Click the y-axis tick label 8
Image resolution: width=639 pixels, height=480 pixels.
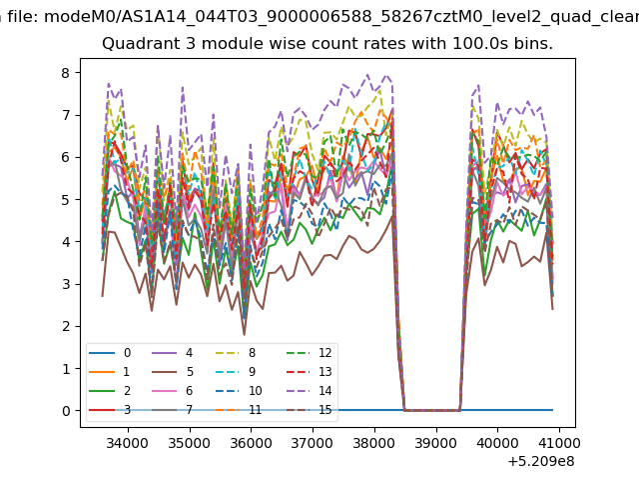click(66, 73)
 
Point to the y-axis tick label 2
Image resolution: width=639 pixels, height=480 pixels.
click(66, 327)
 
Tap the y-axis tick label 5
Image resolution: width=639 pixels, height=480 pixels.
click(66, 200)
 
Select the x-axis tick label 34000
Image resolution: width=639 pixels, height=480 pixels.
click(128, 443)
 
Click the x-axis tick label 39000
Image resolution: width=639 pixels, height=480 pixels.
click(436, 443)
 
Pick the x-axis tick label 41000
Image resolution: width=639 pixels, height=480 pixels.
click(559, 443)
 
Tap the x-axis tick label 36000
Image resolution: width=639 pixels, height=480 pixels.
click(251, 443)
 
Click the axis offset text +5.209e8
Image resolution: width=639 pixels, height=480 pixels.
click(541, 462)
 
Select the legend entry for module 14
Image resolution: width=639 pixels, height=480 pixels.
click(310, 391)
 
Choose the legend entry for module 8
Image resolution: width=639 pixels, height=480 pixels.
click(236, 353)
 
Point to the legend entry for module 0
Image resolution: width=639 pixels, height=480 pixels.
click(110, 353)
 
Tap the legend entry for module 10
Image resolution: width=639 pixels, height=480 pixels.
click(239, 391)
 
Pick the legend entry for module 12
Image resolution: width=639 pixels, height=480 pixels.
click(310, 353)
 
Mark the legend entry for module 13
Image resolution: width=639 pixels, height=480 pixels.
click(310, 372)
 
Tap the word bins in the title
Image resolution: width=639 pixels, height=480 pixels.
click(532, 44)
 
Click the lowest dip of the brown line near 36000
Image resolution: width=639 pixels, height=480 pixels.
click(244, 335)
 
